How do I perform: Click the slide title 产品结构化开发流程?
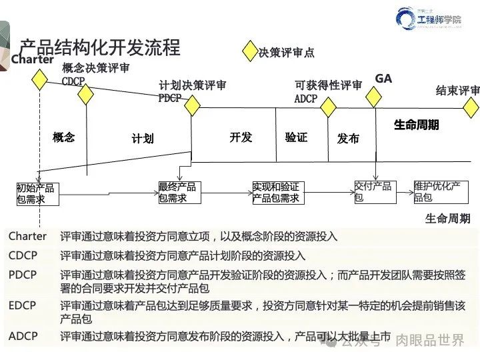point(99,48)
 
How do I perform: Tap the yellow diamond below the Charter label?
point(40,80)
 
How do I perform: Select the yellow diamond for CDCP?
point(85,95)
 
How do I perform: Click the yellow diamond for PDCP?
point(192,105)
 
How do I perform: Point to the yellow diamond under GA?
point(375,97)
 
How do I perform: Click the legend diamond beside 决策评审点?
point(250,51)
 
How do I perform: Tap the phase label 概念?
point(64,137)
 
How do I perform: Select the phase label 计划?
point(143,139)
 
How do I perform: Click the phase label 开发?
point(241,137)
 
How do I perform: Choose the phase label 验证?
point(296,137)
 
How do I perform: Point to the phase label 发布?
point(348,139)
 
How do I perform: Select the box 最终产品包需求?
point(177,193)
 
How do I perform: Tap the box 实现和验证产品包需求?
point(276,193)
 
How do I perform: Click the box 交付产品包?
point(373,192)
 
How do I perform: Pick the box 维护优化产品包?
point(437,191)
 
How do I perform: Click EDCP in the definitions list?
point(23,305)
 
